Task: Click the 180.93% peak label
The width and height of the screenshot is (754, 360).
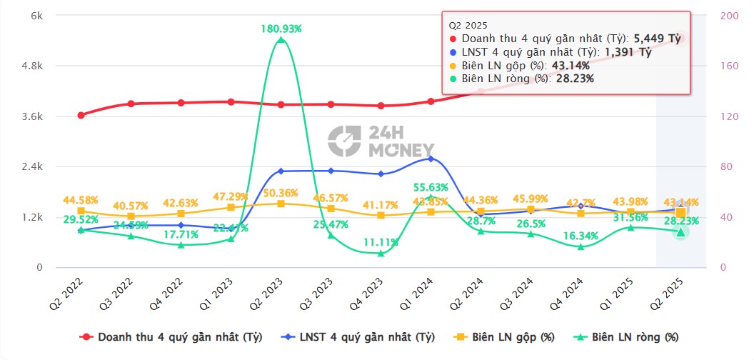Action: point(281,29)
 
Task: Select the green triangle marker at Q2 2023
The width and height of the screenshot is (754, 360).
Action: point(281,40)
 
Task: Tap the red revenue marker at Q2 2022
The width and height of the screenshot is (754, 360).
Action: point(81,115)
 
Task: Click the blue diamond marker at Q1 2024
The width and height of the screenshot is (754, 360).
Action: point(431,158)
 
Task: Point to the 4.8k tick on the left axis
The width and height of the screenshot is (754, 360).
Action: point(31,66)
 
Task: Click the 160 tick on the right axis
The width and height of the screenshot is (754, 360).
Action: point(725,66)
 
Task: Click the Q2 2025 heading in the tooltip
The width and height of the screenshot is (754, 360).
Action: point(467,24)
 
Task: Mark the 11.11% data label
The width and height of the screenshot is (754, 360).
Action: point(381,242)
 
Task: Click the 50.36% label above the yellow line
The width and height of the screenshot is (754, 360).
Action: point(281,193)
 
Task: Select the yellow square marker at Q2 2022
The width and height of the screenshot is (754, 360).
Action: point(81,211)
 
